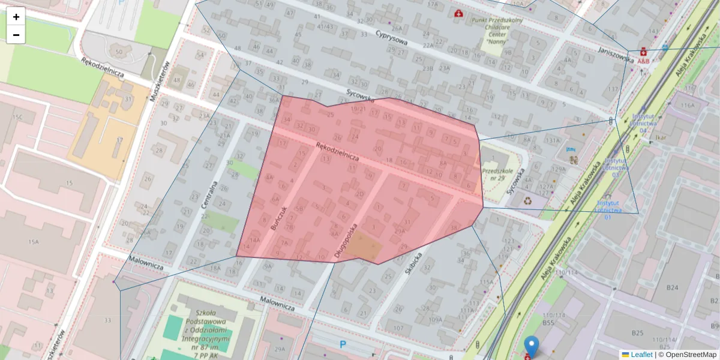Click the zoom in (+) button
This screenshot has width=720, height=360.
[x=16, y=16]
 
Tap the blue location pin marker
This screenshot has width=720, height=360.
[x=531, y=346]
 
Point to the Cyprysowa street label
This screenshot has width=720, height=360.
[x=392, y=38]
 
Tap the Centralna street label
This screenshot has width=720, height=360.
[x=208, y=196]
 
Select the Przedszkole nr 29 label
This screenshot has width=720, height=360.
[x=497, y=174]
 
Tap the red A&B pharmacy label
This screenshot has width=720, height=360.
[x=643, y=61]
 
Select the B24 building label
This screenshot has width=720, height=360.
[x=672, y=287]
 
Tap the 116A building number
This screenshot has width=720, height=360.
[x=687, y=106]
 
